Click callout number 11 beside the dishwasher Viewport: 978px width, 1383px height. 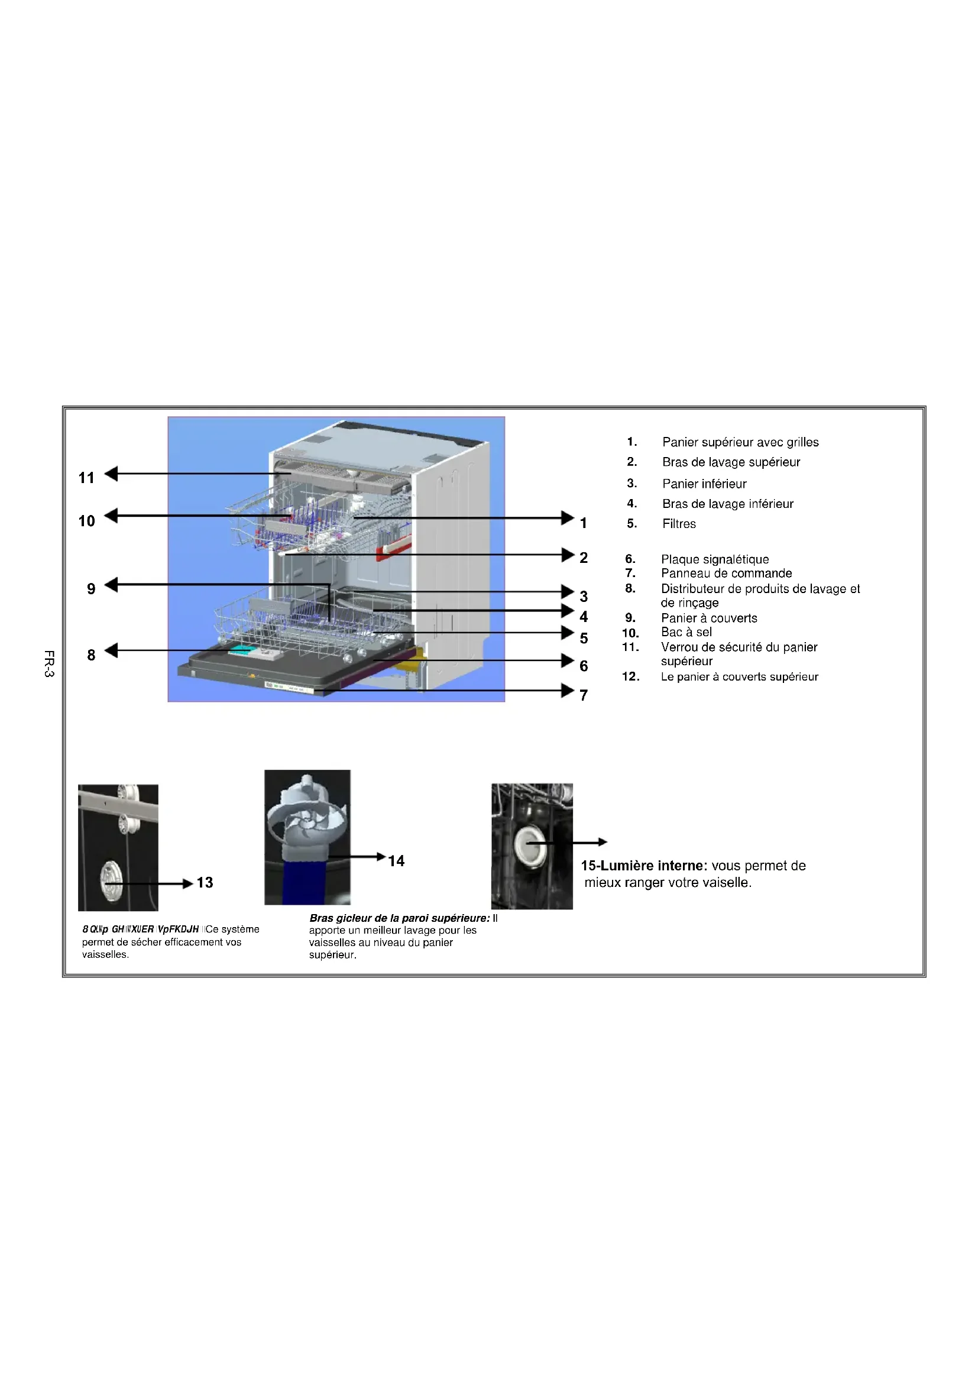tap(87, 478)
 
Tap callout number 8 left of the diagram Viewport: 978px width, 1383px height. tap(91, 655)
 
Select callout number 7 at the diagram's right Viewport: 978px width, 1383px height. tap(583, 695)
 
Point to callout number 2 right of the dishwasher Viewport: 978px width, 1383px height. tap(583, 558)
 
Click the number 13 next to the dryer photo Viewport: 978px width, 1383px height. tap(205, 882)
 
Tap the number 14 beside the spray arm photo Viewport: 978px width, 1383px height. tap(396, 861)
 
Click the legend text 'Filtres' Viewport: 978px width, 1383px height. tap(679, 524)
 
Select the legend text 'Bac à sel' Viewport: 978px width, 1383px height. tap(686, 632)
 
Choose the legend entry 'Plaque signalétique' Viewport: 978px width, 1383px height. tap(714, 559)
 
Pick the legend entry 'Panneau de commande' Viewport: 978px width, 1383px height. tap(726, 573)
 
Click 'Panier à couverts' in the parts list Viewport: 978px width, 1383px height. tap(709, 618)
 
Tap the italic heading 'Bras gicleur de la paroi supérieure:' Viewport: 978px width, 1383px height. tap(399, 918)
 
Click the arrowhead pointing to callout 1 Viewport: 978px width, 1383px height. tap(567, 517)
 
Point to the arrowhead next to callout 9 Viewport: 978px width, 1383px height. tap(111, 584)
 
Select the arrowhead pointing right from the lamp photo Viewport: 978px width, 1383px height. tap(602, 842)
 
